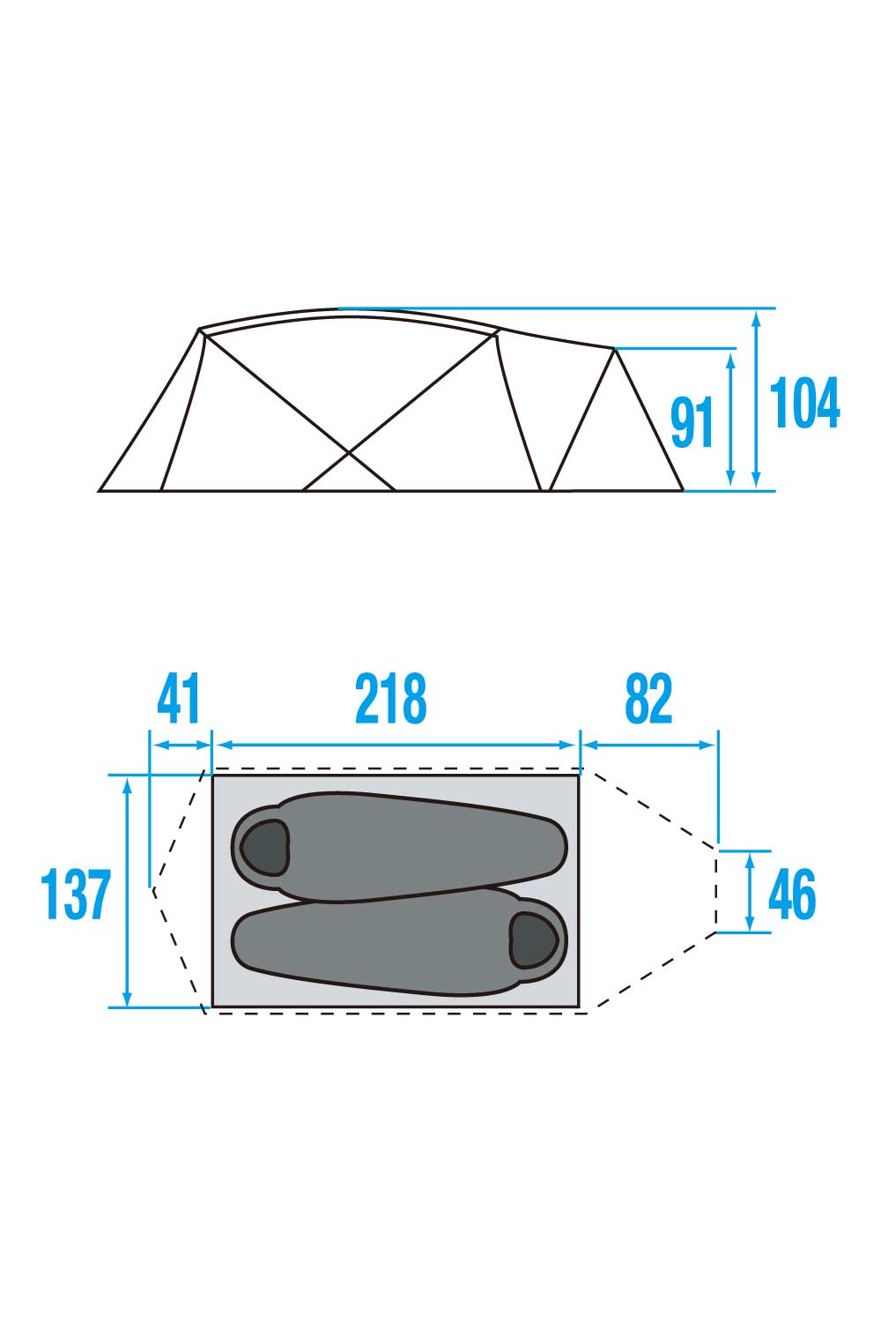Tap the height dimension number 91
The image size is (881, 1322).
pyautogui.click(x=692, y=422)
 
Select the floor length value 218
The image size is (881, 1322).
pyautogui.click(x=390, y=699)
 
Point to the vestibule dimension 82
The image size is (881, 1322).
pyautogui.click(x=648, y=699)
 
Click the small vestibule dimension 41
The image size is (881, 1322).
pyautogui.click(x=178, y=699)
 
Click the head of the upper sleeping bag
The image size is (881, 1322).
pyautogui.click(x=265, y=848)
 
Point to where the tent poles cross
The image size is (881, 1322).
pyautogui.click(x=350, y=453)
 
